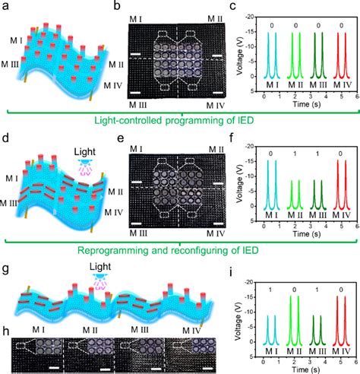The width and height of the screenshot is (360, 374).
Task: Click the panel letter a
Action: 8,7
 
